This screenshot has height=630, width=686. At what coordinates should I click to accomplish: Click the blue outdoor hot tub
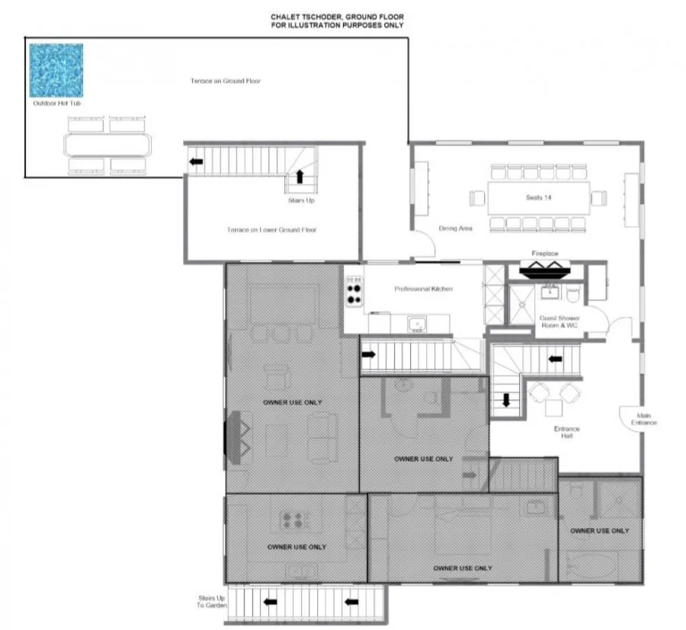pyautogui.click(x=56, y=70)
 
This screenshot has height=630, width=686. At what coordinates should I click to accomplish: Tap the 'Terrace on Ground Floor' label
pyautogui.click(x=226, y=81)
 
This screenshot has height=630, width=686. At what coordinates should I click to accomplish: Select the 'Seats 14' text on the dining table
pyautogui.click(x=539, y=197)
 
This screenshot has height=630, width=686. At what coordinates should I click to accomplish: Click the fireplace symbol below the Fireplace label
pyautogui.click(x=545, y=270)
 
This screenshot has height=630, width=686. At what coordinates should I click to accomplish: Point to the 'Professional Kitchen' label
pyautogui.click(x=424, y=289)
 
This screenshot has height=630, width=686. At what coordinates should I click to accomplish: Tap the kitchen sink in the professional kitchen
pyautogui.click(x=417, y=325)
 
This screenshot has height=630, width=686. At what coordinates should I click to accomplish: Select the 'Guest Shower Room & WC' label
pyautogui.click(x=559, y=321)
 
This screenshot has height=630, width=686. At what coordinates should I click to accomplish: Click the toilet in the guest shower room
pyautogui.click(x=573, y=293)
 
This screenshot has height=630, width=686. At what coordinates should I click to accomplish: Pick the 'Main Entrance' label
pyautogui.click(x=643, y=419)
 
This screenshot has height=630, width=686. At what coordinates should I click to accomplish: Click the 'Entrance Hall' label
pyautogui.click(x=566, y=432)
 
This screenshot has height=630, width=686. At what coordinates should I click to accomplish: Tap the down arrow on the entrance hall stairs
pyautogui.click(x=506, y=400)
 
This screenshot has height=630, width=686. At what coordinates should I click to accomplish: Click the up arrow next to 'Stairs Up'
pyautogui.click(x=300, y=177)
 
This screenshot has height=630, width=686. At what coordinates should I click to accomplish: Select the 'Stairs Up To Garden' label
pyautogui.click(x=212, y=602)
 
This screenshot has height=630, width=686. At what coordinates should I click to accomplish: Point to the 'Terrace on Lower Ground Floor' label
pyautogui.click(x=271, y=230)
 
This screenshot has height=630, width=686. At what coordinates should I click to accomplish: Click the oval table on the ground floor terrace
pyautogui.click(x=107, y=146)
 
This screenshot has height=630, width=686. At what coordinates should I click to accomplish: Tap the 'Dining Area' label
pyautogui.click(x=456, y=229)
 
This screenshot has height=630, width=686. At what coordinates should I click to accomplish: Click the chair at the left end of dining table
pyautogui.click(x=477, y=198)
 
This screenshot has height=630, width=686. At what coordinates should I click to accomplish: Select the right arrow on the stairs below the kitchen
pyautogui.click(x=369, y=354)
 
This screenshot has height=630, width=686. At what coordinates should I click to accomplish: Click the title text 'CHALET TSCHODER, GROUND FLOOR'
pyautogui.click(x=338, y=17)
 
